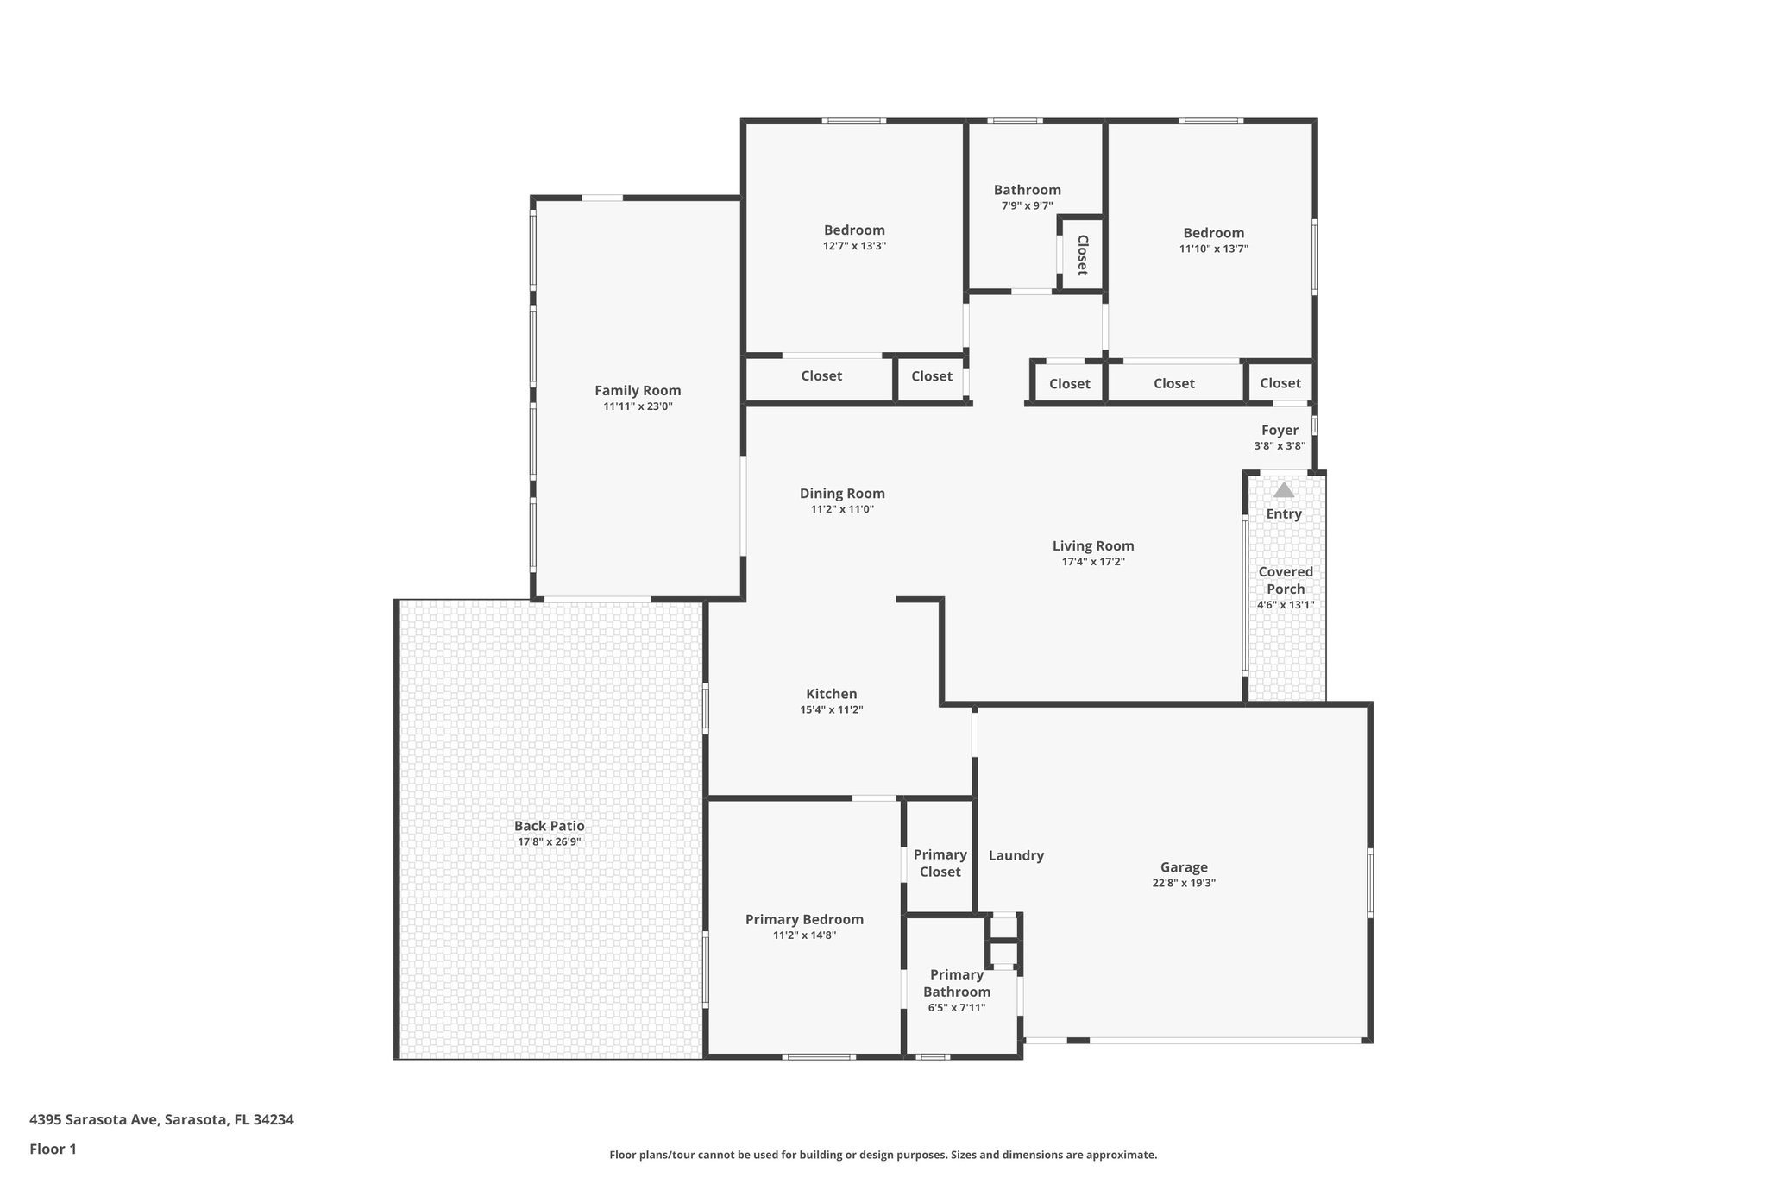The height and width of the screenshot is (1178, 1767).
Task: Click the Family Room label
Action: click(638, 391)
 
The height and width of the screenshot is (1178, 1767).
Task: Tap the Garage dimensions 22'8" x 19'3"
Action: click(1183, 883)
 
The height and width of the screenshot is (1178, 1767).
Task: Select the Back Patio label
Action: click(549, 826)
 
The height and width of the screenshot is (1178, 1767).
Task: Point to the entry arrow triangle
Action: click(1284, 490)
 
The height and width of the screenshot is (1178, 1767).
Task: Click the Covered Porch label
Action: click(1286, 580)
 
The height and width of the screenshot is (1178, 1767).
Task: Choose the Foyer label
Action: click(1280, 430)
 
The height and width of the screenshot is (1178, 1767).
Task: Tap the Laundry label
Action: click(1016, 855)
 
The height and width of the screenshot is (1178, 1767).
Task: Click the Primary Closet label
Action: click(940, 863)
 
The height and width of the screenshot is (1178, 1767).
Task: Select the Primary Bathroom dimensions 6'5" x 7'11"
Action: click(957, 1007)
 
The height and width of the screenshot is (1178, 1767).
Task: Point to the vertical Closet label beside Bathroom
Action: click(1082, 255)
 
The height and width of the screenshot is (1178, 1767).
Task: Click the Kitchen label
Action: click(831, 694)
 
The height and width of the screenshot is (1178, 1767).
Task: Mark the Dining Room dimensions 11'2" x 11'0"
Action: click(842, 509)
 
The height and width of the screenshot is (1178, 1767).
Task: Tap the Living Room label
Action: click(1093, 545)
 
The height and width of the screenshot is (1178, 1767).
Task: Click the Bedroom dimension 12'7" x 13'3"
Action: click(854, 246)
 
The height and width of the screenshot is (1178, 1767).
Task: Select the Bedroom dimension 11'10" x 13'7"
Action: click(1213, 249)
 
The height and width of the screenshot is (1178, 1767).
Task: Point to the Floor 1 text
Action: click(53, 1149)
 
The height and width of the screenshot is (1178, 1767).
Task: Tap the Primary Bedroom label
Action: click(804, 919)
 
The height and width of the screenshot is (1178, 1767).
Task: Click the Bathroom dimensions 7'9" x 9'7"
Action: click(1027, 205)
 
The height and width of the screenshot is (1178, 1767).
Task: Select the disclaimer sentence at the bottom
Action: click(883, 1155)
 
